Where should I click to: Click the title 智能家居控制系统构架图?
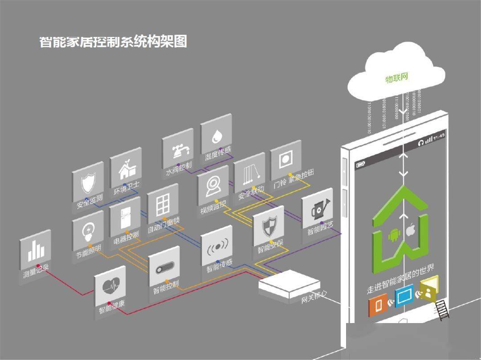113,42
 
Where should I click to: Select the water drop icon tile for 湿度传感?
216,134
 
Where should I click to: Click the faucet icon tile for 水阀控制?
178,149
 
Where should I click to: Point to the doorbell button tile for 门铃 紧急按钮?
285,160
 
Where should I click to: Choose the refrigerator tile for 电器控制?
125,218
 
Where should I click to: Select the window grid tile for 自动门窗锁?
163,205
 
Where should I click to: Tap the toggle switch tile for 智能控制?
164,270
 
